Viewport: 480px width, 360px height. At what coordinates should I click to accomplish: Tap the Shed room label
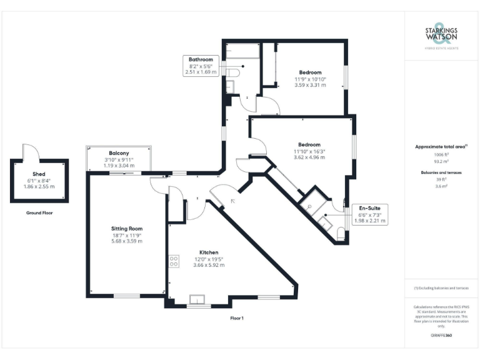tap(39, 174)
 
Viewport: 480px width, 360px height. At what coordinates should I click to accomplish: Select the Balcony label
tap(119, 153)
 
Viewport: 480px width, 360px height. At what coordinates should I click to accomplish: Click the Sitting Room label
tap(127, 229)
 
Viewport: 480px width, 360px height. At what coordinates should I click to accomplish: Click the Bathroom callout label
tap(201, 60)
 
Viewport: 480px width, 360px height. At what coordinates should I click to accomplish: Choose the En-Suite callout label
tap(369, 207)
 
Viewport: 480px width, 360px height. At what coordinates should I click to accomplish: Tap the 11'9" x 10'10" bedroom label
tap(310, 72)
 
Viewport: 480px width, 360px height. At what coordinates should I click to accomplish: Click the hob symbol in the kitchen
tap(174, 262)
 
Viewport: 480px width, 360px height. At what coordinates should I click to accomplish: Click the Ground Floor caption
tap(39, 213)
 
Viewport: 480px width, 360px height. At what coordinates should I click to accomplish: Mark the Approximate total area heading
tap(441, 146)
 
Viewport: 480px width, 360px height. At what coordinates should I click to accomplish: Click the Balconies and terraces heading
tap(441, 171)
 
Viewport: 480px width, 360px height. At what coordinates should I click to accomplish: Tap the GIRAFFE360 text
tap(441, 336)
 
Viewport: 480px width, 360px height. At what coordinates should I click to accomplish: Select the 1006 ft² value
tap(441, 154)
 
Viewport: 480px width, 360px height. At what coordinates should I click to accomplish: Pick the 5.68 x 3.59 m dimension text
tap(127, 241)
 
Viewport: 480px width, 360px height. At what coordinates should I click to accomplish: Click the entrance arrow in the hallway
tap(233, 201)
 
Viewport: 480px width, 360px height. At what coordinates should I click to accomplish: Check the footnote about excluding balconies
tap(441, 288)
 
